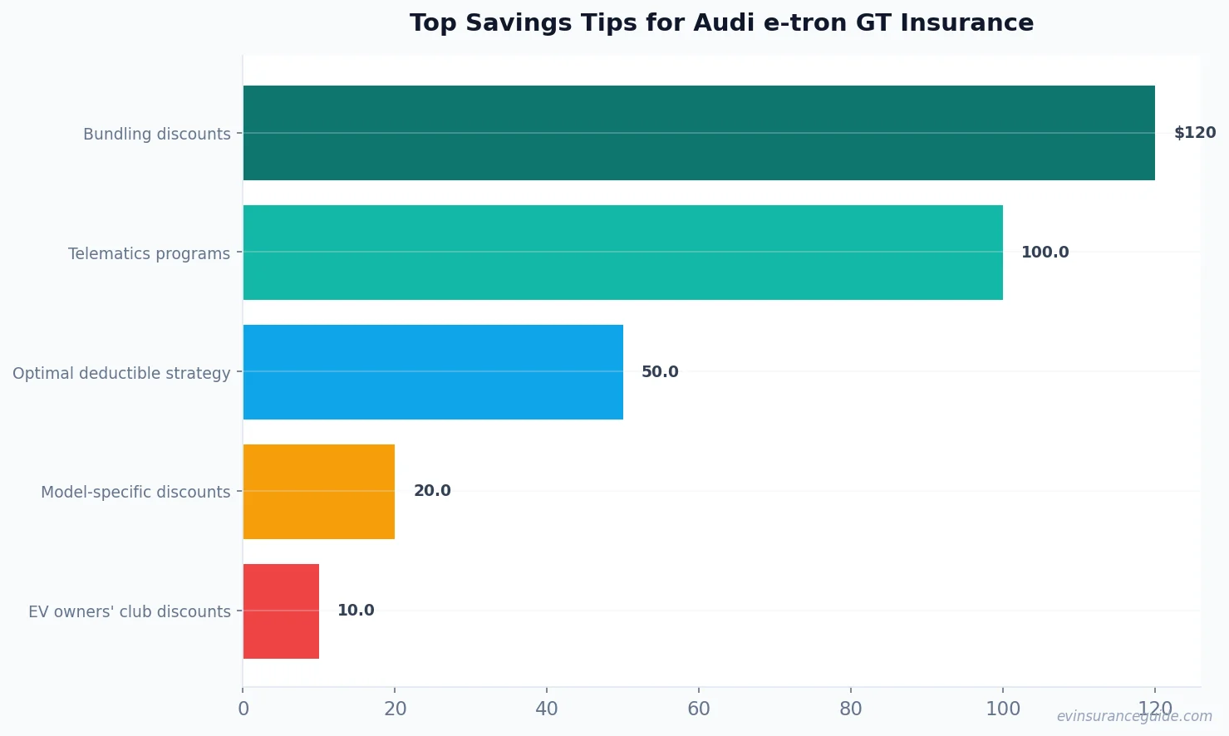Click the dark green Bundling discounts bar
point(698,133)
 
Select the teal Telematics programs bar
point(622,253)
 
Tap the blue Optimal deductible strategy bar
point(433,372)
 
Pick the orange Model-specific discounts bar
point(318,492)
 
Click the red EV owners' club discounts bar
point(281,611)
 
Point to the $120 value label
point(1194,133)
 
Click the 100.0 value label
point(1045,253)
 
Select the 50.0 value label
point(660,372)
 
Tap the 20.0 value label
point(432,491)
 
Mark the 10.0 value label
point(356,611)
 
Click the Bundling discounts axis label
point(156,134)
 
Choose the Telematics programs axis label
point(149,253)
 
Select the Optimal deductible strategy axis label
point(121,373)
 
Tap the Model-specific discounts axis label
point(135,493)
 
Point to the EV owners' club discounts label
point(130,612)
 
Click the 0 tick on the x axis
point(243,709)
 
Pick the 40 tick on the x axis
point(547,709)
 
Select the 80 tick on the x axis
point(851,709)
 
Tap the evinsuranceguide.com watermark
point(1133,716)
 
